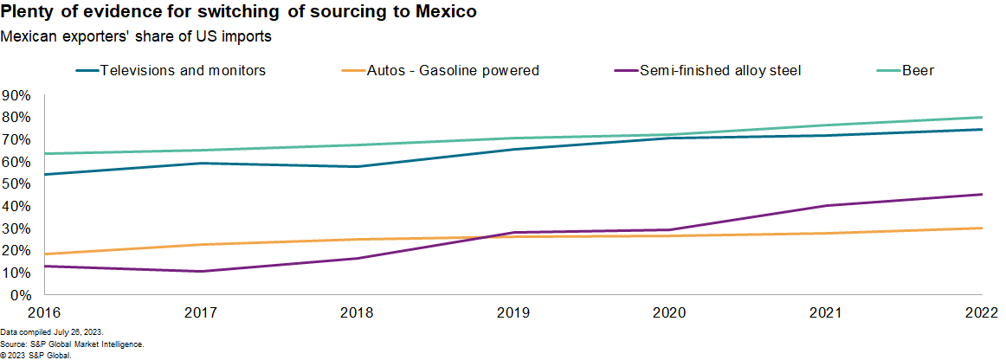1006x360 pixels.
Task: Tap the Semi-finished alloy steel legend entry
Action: pyautogui.click(x=719, y=70)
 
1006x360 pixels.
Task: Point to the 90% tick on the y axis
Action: pyautogui.click(x=17, y=95)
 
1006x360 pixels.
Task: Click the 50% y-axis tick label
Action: pyautogui.click(x=17, y=184)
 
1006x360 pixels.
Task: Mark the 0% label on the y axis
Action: pyautogui.click(x=21, y=295)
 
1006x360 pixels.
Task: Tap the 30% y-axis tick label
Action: pyautogui.click(x=17, y=228)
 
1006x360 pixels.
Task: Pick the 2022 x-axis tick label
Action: pyautogui.click(x=981, y=312)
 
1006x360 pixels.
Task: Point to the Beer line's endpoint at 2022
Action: pyautogui.click(x=981, y=117)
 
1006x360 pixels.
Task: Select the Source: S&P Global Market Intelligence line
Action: pyautogui.click(x=66, y=344)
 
